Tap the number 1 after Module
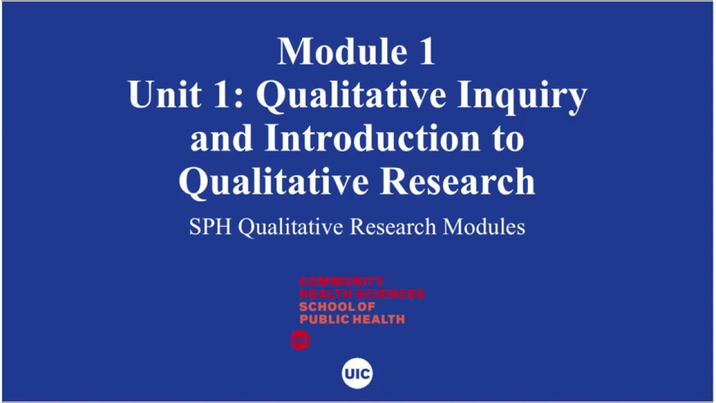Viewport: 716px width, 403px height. coord(425,51)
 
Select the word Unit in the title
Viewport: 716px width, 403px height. coord(163,94)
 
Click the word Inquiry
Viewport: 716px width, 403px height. coord(522,95)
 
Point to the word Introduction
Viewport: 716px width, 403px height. coord(372,138)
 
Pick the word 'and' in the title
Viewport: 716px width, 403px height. coord(222,138)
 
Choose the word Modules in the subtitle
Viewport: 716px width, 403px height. coord(484,227)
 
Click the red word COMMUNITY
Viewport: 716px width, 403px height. coord(341,281)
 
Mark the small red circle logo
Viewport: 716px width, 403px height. coord(300,340)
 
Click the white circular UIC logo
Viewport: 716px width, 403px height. coord(357,373)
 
